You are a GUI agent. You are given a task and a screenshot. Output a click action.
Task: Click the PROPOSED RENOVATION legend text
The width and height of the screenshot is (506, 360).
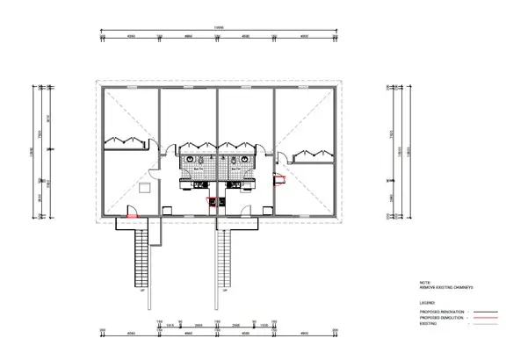[x=440, y=312]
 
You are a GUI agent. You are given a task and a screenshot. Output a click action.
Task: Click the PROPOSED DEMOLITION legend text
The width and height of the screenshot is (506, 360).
[x=439, y=317]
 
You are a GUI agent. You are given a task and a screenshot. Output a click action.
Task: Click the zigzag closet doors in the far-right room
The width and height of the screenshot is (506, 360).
[x=312, y=153]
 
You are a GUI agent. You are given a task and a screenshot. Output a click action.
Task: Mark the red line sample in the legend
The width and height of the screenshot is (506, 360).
[x=481, y=318]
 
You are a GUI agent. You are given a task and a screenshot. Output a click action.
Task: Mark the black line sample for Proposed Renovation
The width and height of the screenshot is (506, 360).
[x=481, y=312]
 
